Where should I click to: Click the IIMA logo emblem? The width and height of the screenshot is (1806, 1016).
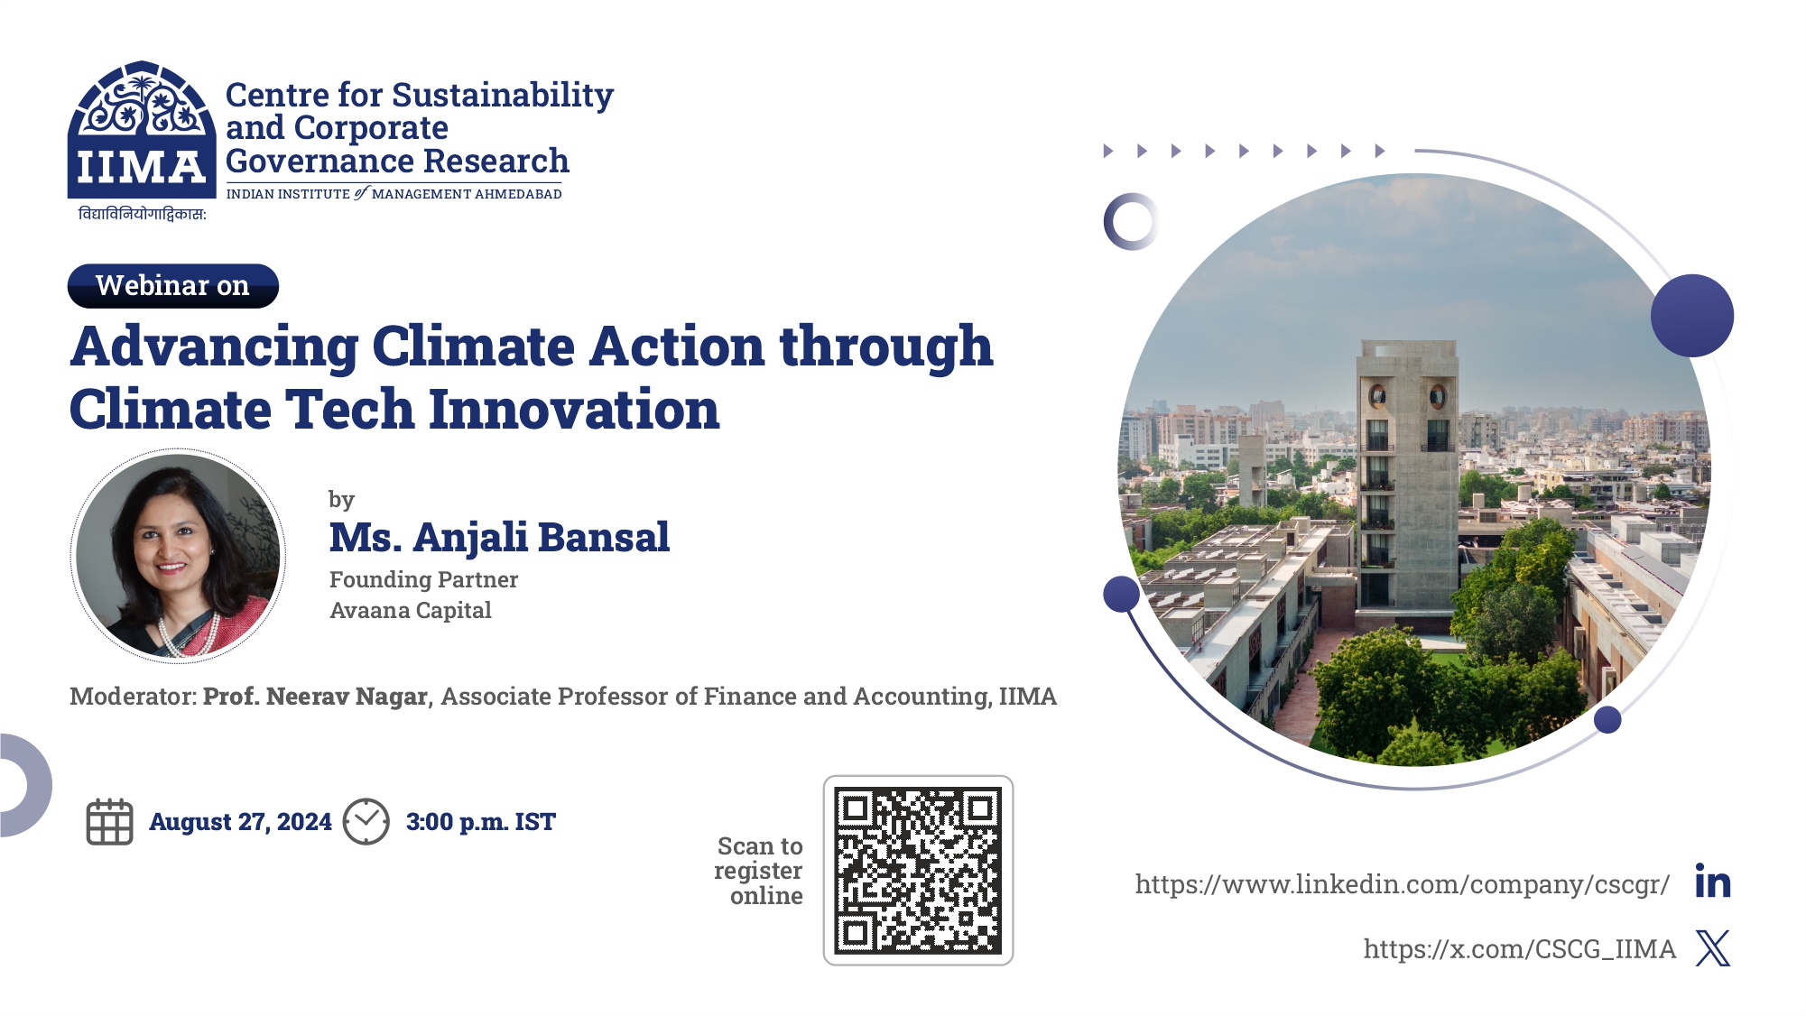(142, 130)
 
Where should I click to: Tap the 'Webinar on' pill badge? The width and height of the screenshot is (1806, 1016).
(173, 286)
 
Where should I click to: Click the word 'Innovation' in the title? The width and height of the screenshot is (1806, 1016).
(574, 410)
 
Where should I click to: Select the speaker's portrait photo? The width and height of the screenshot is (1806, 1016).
(179, 556)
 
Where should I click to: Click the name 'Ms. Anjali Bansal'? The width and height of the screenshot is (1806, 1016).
(499, 537)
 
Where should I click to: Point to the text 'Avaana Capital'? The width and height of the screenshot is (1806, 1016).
(411, 611)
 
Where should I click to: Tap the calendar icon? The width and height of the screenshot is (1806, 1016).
(109, 822)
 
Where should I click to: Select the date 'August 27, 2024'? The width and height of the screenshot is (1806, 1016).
(240, 822)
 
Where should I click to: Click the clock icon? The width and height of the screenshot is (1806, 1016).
(366, 822)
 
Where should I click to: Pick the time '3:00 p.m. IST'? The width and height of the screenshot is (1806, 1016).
(481, 822)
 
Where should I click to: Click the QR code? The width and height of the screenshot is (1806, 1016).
(918, 871)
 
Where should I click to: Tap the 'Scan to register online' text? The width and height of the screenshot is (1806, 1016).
(759, 871)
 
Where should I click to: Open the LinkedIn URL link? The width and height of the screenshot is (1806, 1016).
(1403, 884)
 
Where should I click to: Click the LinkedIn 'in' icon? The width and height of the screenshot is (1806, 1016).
(1713, 882)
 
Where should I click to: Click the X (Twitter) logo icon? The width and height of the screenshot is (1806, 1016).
(1713, 948)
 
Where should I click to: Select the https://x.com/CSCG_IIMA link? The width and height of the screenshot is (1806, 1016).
(1520, 949)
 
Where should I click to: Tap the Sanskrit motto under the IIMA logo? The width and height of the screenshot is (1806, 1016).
(143, 214)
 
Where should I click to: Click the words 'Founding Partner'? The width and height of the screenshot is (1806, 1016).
(423, 579)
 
